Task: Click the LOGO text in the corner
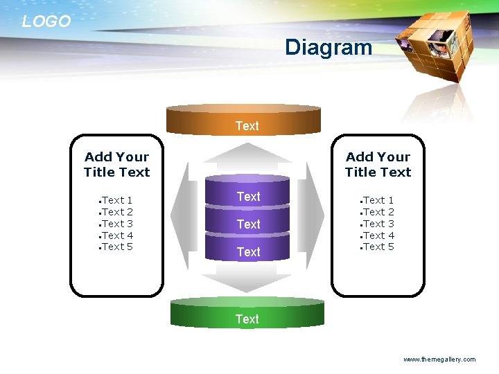tap(46, 21)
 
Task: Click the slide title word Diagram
tap(329, 48)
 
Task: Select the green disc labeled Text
tap(247, 315)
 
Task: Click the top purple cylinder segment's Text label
tap(248, 197)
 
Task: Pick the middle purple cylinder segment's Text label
tap(248, 224)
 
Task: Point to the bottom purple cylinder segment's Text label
tap(248, 252)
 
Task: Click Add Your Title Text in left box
tap(116, 165)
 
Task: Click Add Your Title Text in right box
tap(378, 165)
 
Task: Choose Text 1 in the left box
tap(117, 201)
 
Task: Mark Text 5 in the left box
tap(117, 247)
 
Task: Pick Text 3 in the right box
tap(378, 224)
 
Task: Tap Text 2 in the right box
tap(378, 212)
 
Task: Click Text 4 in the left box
tap(117, 235)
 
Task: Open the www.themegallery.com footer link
tap(439, 359)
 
